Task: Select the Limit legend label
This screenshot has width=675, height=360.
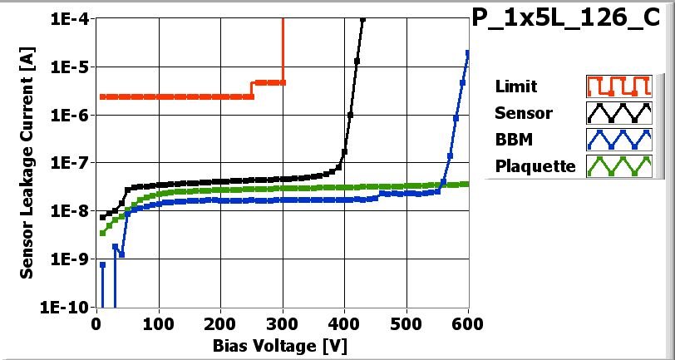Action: click(x=515, y=86)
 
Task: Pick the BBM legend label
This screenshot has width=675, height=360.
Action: click(x=512, y=140)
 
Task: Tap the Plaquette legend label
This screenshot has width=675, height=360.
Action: click(x=535, y=166)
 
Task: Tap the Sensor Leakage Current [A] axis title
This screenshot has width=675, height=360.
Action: click(x=27, y=162)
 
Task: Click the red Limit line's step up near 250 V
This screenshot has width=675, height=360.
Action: click(x=253, y=89)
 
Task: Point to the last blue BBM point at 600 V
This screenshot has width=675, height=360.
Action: click(x=468, y=53)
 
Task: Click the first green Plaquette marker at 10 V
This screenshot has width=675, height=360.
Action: click(x=103, y=233)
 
